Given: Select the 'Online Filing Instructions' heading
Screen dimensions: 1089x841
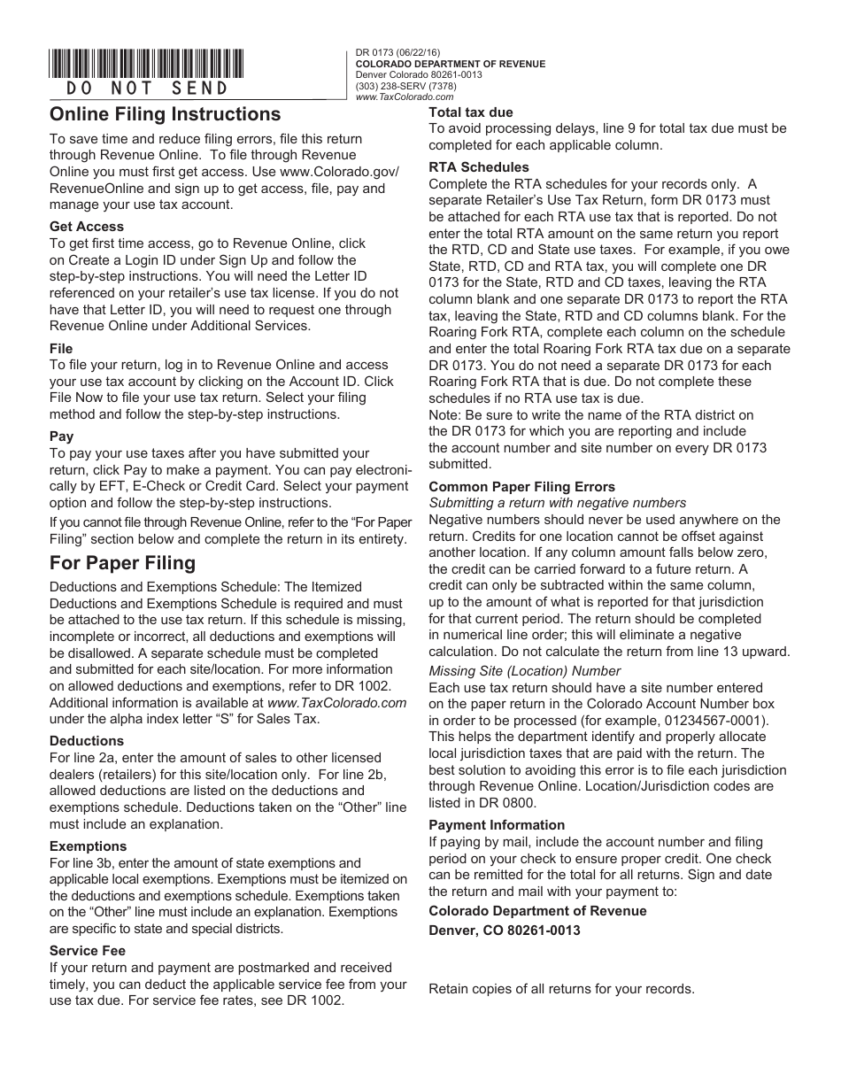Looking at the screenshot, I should pos(165,114).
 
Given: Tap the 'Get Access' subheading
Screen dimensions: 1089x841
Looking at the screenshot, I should pos(87,227).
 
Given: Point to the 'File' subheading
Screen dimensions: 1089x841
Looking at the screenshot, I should pos(61,349).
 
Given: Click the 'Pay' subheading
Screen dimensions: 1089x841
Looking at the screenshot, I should pos(62,436).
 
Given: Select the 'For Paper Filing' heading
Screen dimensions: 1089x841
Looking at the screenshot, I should pos(122,563).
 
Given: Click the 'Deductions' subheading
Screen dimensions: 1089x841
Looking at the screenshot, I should pos(87,741).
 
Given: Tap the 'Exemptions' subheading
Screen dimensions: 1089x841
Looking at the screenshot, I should pos(89,846).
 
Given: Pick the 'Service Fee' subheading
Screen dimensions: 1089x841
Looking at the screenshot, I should pos(88,951).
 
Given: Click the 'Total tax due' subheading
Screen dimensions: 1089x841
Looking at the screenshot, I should pos(471,112).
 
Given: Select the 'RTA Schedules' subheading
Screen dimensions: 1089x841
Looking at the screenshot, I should pos(479,167).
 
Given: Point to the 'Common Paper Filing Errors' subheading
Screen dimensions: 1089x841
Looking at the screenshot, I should pos(521,487).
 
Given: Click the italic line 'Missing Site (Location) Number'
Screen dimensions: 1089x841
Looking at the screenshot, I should pos(525,671).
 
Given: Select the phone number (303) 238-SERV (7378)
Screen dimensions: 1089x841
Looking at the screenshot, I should pos(405,87).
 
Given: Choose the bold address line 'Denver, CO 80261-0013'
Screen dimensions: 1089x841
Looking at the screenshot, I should pos(505,931).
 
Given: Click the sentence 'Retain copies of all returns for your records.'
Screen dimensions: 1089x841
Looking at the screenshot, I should pos(561,989).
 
